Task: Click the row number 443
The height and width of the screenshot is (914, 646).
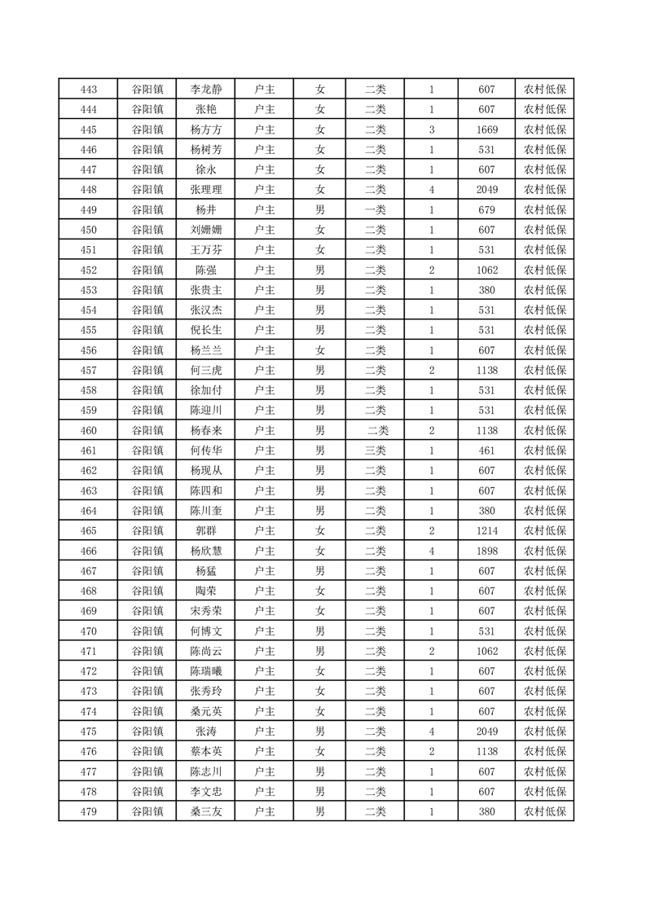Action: coord(89,90)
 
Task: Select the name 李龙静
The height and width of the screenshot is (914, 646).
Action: coord(205,90)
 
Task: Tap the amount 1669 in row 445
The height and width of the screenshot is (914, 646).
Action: coord(486,130)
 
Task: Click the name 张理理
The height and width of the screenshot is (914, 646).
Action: coord(205,190)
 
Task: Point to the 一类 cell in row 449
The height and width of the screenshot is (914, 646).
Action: coord(376,210)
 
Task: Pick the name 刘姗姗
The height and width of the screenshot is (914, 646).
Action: coord(205,230)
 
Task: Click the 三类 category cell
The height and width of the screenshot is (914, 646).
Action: coord(376,450)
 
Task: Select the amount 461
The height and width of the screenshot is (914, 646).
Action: coord(486,450)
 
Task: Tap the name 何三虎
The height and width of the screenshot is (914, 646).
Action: coord(205,371)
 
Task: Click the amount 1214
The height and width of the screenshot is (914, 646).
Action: coord(486,531)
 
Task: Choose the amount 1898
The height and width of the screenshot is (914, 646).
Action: coord(486,551)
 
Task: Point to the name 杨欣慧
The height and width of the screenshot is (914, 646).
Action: coord(205,551)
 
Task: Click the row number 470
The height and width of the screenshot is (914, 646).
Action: coord(89,631)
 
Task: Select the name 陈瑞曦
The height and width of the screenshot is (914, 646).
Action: coord(205,671)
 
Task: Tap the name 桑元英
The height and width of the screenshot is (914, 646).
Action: coord(205,711)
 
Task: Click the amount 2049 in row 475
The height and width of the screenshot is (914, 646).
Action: coord(486,732)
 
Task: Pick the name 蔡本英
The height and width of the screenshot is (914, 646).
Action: coord(205,751)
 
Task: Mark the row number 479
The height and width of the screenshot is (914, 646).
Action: coord(89,811)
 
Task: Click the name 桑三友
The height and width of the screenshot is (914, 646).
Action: coord(205,811)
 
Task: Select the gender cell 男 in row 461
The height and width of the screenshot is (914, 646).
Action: coord(320,450)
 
